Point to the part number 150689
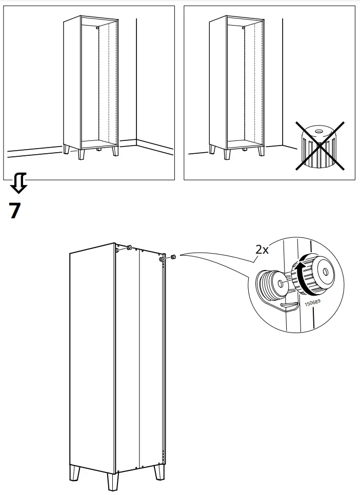click(x=312, y=303)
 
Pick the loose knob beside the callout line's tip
click(x=173, y=256)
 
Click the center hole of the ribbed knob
click(x=323, y=270)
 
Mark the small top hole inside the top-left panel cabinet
click(x=97, y=27)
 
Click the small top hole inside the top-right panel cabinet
click(x=243, y=26)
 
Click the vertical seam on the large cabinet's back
click(x=139, y=359)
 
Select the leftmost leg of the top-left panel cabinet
click(x=67, y=150)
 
